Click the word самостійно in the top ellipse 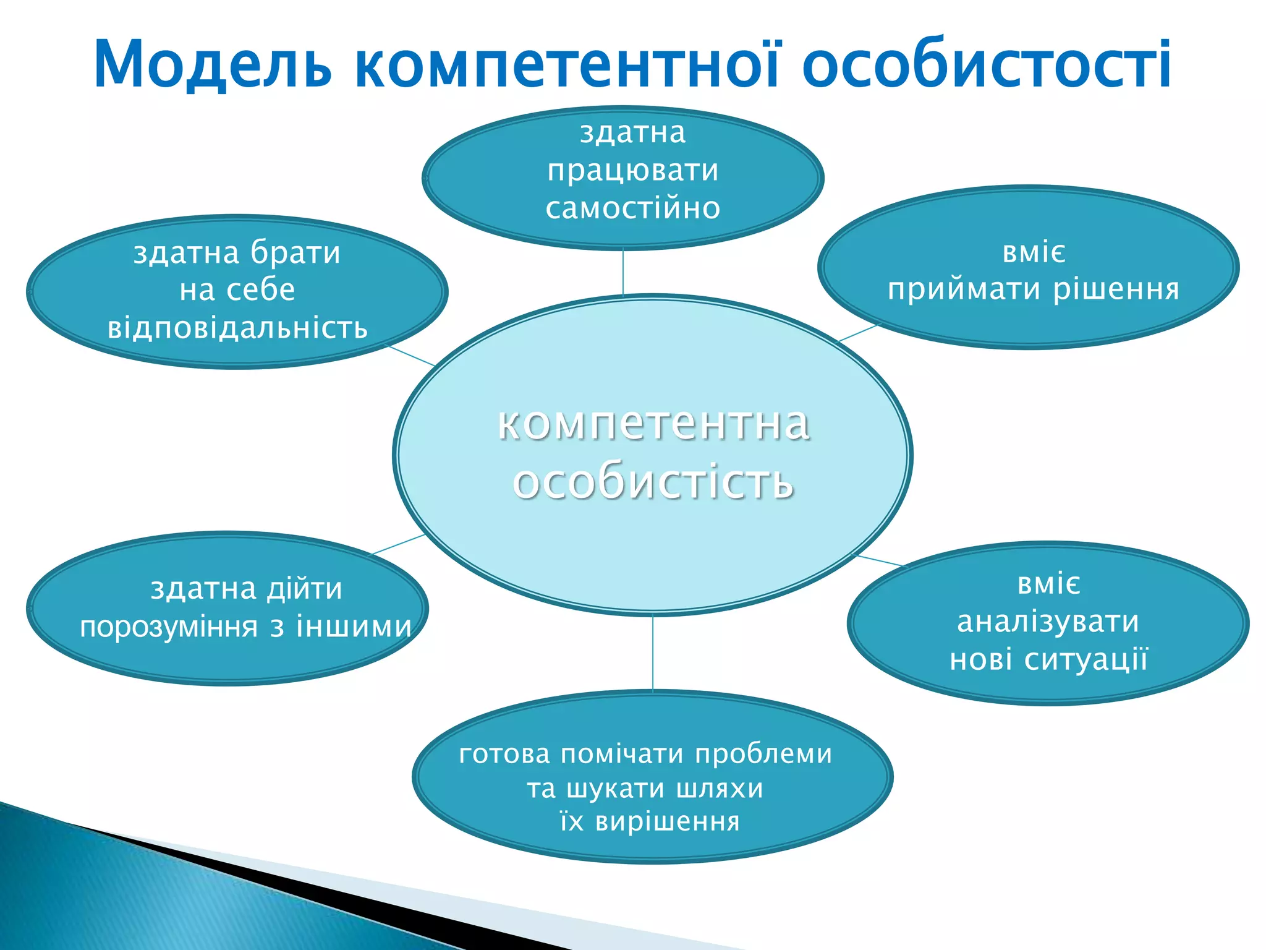tap(633, 208)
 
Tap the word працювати tap(633, 171)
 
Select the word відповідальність tap(238, 328)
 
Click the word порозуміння tap(169, 627)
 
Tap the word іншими tap(354, 627)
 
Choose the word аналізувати tap(1048, 622)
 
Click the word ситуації tap(1086, 659)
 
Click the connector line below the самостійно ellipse tap(623, 272)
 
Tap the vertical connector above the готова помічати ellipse tap(653, 653)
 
